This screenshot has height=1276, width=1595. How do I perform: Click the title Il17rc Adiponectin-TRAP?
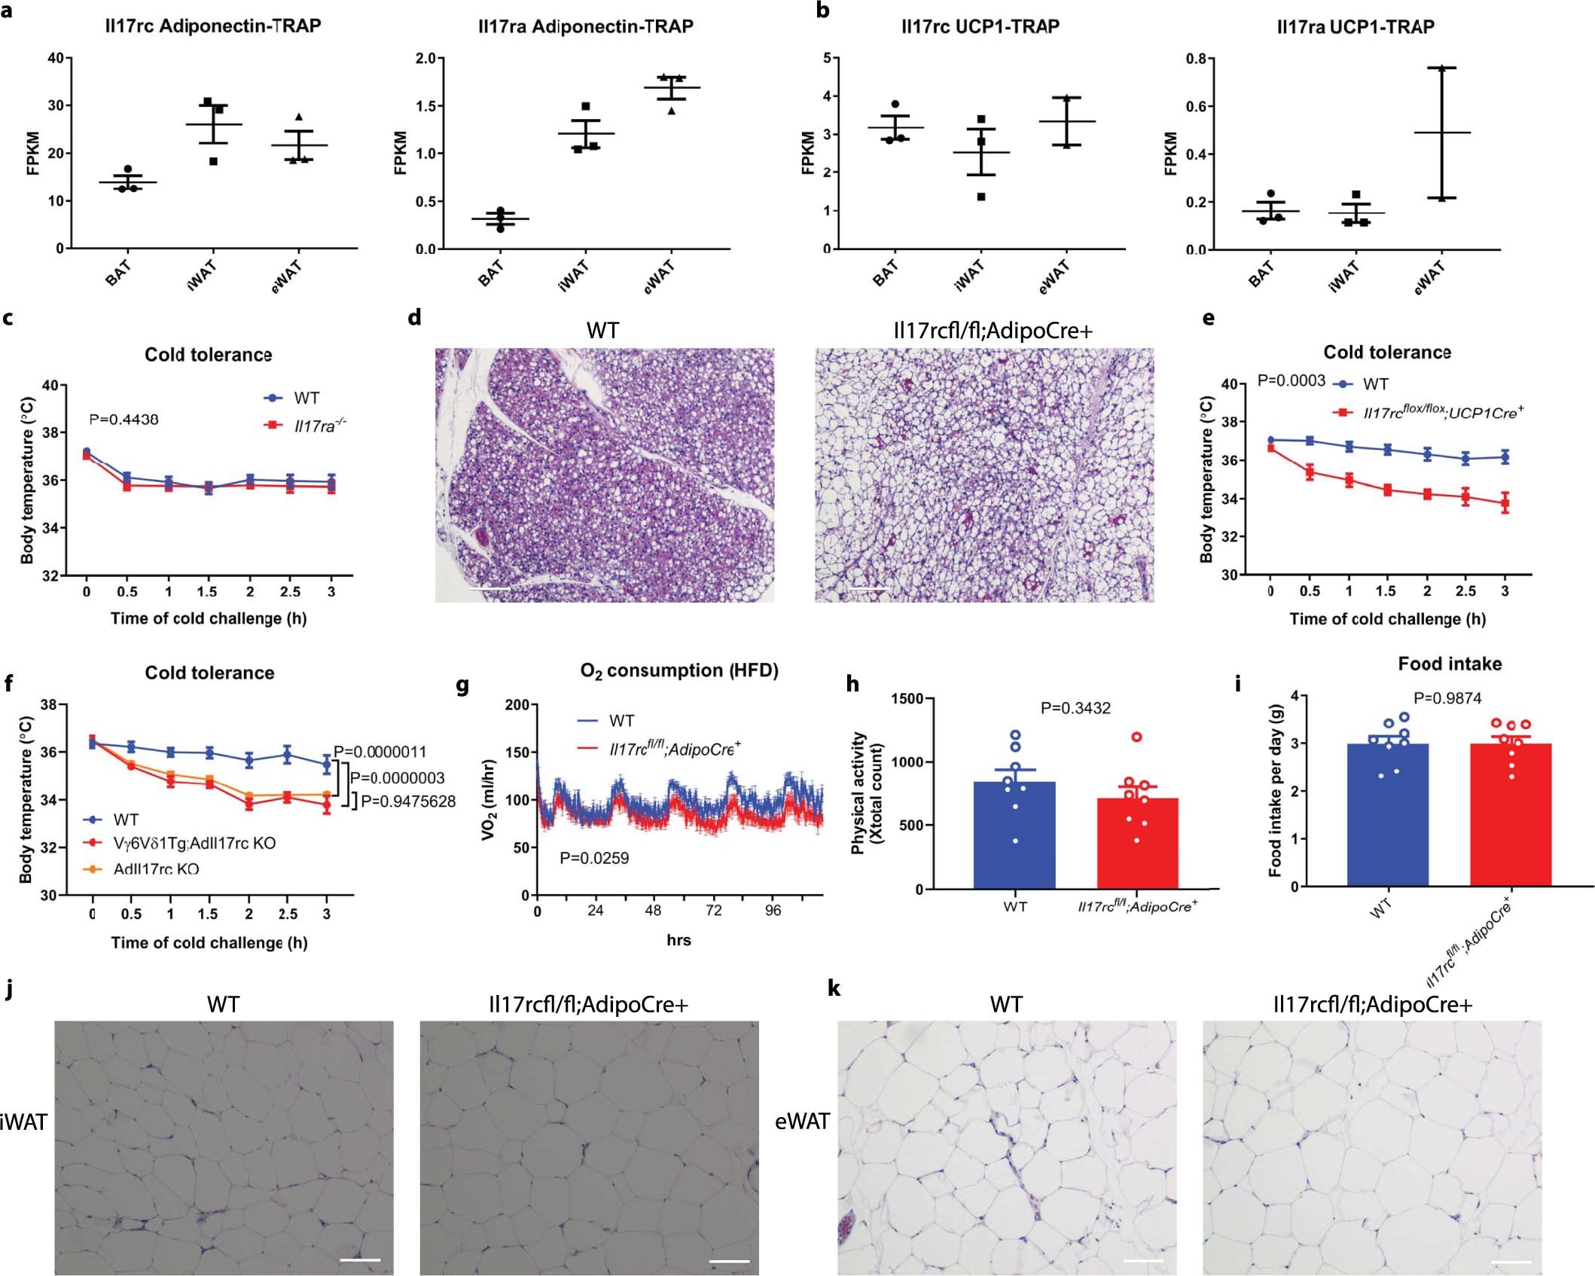[213, 26]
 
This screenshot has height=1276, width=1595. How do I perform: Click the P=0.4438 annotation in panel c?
[124, 420]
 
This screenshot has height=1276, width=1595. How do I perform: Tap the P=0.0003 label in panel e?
[1291, 381]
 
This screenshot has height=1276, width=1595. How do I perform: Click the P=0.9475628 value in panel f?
[408, 801]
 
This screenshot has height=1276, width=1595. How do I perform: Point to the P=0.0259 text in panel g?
[593, 858]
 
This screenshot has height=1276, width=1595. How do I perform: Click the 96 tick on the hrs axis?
[773, 911]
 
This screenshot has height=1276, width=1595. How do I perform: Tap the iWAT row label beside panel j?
[23, 1122]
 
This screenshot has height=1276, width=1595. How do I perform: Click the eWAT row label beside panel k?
[802, 1122]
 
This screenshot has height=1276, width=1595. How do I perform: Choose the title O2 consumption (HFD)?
[679, 670]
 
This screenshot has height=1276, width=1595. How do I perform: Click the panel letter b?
[823, 11]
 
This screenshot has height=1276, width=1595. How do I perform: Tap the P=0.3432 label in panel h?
[1075, 708]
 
